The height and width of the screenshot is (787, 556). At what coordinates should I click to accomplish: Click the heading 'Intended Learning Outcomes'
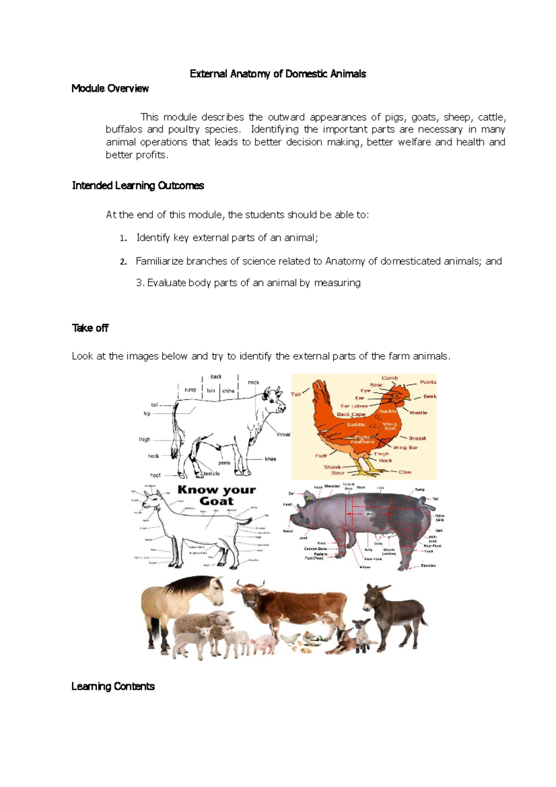(x=138, y=186)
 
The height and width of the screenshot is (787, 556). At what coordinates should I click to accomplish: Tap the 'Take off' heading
(x=90, y=328)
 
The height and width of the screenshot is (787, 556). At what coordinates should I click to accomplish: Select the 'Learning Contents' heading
(x=113, y=686)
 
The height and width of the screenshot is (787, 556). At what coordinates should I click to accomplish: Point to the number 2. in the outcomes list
(x=123, y=262)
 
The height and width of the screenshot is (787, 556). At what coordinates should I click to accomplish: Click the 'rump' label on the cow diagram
(x=190, y=390)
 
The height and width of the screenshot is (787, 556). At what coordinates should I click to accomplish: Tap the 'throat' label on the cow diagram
(x=283, y=434)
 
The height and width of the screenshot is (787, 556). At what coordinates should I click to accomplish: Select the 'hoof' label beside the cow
(x=155, y=475)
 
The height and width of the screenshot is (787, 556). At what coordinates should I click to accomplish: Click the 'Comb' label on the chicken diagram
(x=390, y=378)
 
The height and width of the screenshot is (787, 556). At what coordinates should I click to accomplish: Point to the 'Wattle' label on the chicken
(x=418, y=413)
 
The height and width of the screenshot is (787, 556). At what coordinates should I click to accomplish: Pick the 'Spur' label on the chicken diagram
(x=338, y=473)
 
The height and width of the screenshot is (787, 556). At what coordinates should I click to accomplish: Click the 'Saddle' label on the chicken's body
(x=356, y=424)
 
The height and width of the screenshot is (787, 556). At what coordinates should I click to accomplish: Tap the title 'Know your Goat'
(x=216, y=495)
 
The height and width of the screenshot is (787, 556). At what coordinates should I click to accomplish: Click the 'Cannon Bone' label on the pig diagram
(x=315, y=549)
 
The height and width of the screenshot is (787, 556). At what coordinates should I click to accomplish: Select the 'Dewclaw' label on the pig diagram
(x=428, y=565)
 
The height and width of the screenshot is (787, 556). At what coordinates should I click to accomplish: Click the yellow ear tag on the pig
(x=307, y=498)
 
